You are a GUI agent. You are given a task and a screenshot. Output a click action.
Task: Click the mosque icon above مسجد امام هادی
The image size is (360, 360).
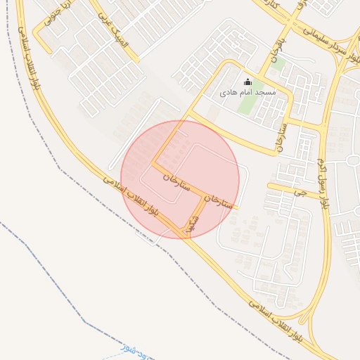click(247, 82)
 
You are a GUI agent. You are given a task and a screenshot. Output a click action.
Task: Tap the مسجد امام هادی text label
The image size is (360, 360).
click(247, 92)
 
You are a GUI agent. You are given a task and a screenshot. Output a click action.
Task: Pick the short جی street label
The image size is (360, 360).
click(302, 191)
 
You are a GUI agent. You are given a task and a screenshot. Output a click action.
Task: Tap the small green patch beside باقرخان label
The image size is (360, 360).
click(279, 64)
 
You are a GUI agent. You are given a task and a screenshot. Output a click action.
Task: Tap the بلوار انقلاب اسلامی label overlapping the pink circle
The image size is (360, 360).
click(134, 201)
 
